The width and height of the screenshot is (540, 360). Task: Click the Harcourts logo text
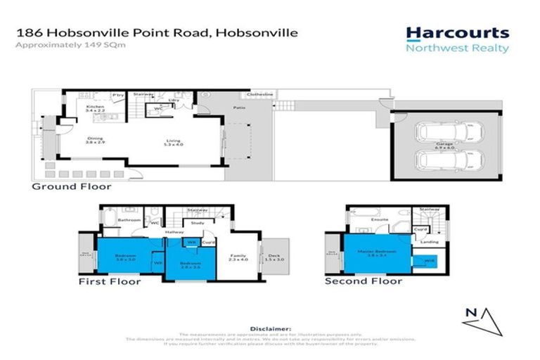coord(457,32)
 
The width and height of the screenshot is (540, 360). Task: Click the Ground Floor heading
coord(71,187)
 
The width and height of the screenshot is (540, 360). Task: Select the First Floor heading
coord(110,281)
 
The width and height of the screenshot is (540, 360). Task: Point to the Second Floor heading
coord(363,281)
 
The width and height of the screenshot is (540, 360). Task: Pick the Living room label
coord(173,141)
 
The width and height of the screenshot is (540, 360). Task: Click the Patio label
coord(240,108)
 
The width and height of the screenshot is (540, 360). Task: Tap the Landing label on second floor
coord(429,242)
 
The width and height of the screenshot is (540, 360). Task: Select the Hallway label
coord(174,231)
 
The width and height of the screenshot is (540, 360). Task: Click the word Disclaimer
coord(269,328)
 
